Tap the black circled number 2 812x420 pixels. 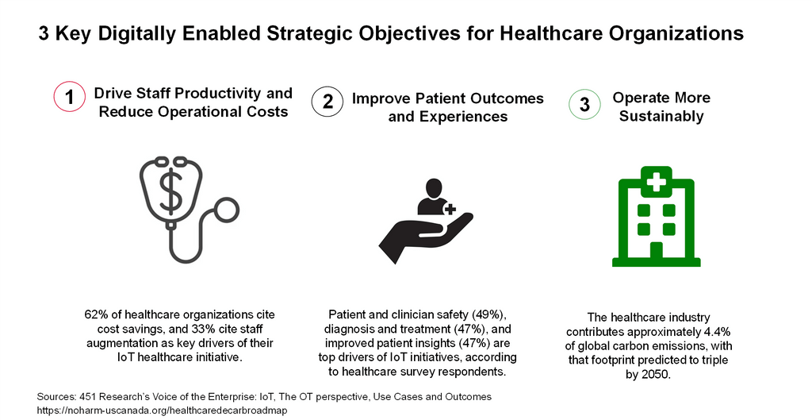click(x=327, y=102)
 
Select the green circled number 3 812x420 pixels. click(x=585, y=105)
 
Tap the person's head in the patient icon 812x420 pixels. click(x=432, y=188)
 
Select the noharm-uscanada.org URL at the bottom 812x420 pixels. click(x=162, y=410)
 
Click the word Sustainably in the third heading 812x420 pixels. click(x=661, y=117)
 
